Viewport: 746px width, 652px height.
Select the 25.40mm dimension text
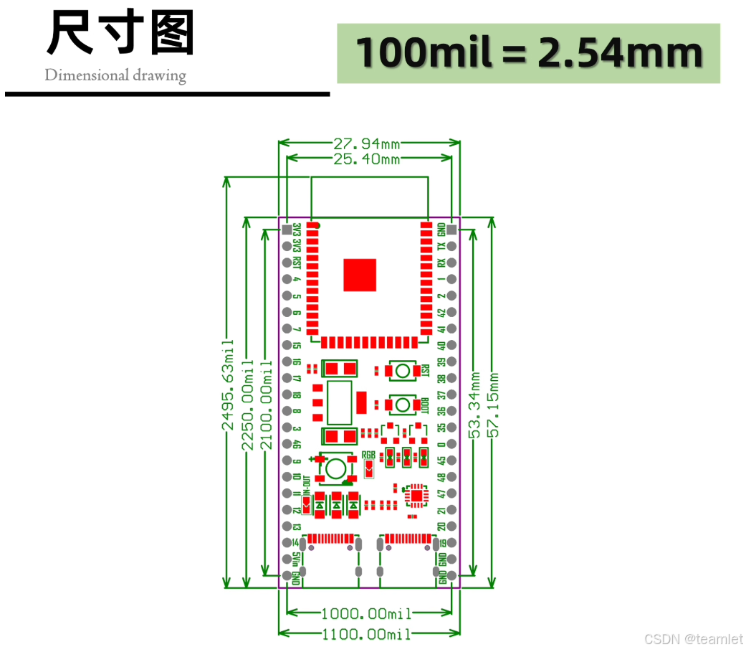pos(366,159)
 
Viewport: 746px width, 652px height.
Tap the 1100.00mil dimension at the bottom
pos(366,634)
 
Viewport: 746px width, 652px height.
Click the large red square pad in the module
pos(360,275)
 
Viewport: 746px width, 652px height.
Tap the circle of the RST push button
pos(403,371)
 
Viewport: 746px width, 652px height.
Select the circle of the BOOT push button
pos(403,405)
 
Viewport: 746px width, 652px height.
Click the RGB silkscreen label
pos(368,455)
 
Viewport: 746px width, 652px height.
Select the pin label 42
pos(441,313)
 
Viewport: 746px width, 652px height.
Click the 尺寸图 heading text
pos(120,34)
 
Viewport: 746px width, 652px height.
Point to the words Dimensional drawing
pos(115,75)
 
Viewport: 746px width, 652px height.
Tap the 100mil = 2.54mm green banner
pos(528,53)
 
